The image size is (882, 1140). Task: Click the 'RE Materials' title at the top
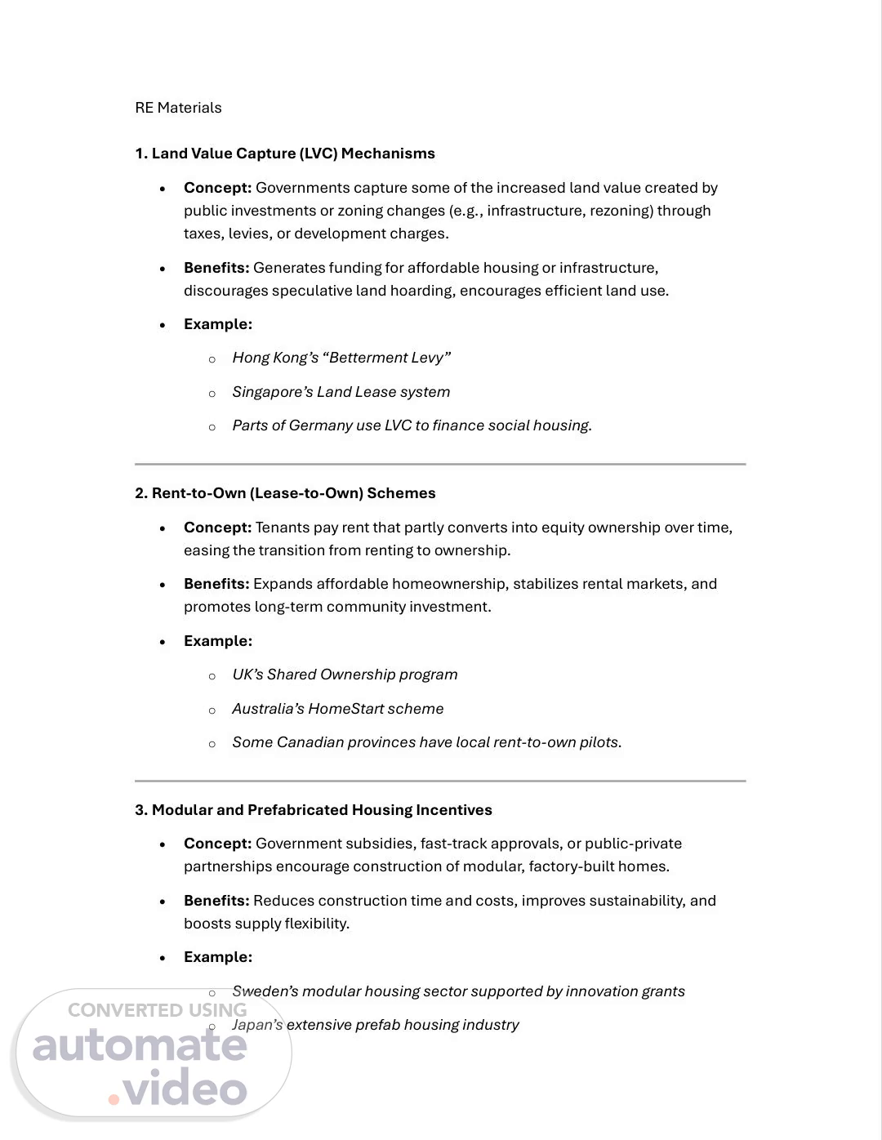[178, 108]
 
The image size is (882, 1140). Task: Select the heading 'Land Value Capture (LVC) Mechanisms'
[293, 154]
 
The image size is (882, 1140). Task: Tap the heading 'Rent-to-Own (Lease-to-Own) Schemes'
[293, 493]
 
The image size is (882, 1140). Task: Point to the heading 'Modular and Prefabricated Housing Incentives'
[322, 810]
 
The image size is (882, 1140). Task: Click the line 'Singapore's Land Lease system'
[341, 392]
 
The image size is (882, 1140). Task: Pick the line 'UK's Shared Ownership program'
[345, 675]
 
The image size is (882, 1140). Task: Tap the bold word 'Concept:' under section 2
[217, 528]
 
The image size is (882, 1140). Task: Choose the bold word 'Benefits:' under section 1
[216, 268]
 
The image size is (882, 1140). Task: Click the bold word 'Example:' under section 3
[218, 957]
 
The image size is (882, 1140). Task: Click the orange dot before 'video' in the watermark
[114, 1099]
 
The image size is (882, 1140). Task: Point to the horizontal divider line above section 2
[440, 464]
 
